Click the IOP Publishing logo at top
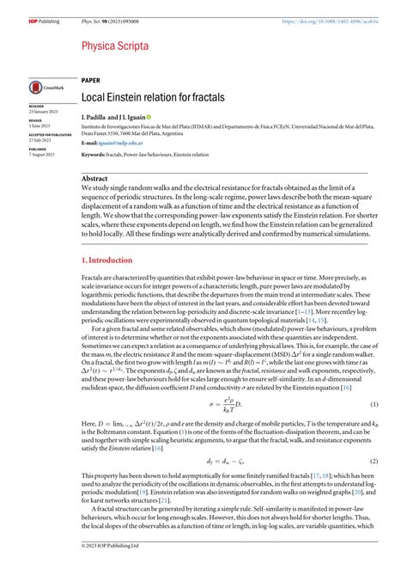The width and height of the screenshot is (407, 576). pos(20,9)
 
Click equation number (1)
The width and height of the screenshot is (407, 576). pos(374,380)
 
